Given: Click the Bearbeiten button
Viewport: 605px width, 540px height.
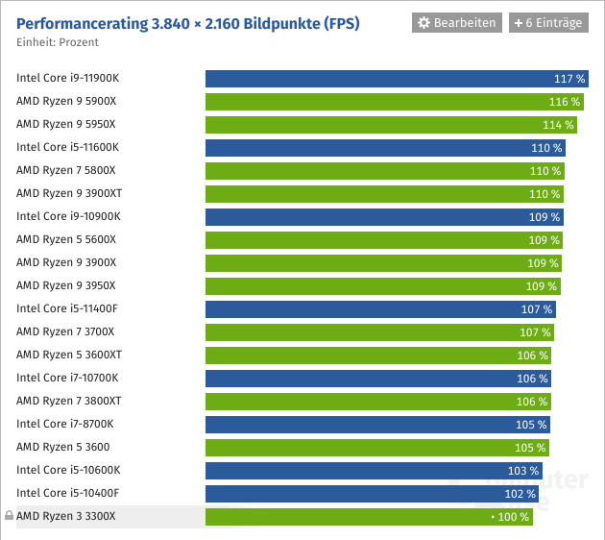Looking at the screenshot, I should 457,22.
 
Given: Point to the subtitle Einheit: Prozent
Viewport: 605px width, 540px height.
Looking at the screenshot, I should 58,42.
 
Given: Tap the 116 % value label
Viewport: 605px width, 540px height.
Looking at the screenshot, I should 564,102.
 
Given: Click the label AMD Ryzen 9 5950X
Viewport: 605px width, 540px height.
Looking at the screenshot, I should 66,124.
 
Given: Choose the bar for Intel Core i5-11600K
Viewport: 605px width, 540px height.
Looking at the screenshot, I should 385,148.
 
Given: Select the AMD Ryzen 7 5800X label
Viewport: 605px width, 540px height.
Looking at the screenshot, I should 66,170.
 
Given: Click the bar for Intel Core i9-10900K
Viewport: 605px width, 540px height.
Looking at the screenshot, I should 384,217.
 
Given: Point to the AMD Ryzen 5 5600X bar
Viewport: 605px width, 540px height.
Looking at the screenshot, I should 383,240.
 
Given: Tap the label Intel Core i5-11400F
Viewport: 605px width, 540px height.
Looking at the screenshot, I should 67,308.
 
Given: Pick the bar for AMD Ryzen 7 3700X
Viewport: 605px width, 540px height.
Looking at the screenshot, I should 379,332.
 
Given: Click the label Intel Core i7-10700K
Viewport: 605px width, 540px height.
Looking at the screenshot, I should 67,378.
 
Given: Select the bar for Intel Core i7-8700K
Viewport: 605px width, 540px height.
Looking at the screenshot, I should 376,425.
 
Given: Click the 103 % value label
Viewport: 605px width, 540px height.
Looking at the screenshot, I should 522,471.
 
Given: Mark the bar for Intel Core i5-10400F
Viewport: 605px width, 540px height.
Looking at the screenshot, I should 372,494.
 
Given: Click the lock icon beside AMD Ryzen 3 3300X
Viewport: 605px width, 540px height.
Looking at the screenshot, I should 9,516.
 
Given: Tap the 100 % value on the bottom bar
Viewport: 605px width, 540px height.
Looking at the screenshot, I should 511,517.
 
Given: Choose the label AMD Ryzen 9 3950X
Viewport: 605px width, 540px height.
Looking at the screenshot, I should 66,285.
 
